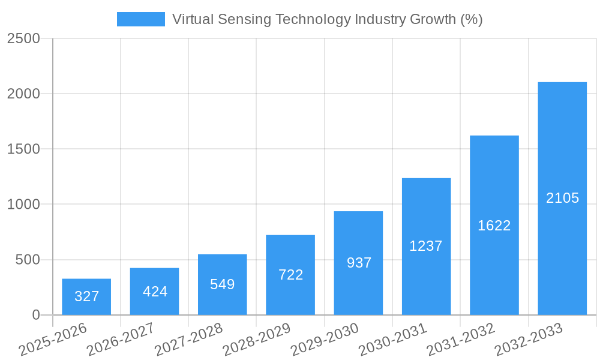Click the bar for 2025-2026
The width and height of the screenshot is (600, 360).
coord(86,297)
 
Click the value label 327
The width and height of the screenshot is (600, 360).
coord(86,296)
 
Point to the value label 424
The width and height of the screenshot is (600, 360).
coord(155,292)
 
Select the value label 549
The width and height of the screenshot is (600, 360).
coord(223,284)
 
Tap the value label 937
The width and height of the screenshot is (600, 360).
coord(359,263)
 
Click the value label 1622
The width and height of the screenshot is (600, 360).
coord(494,226)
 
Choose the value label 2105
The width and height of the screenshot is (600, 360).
coord(562,198)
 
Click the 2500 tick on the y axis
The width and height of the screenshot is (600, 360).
coord(23,39)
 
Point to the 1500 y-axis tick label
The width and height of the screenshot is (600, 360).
coord(23,149)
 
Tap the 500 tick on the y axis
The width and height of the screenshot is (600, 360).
coord(28,260)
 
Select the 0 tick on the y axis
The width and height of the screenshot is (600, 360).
coord(36,315)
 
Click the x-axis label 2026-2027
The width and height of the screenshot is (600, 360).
coord(121,340)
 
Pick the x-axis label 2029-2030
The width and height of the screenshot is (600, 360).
coord(325,340)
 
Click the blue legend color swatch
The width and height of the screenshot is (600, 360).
coord(140,19)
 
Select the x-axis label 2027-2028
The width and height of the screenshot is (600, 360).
coord(188,340)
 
